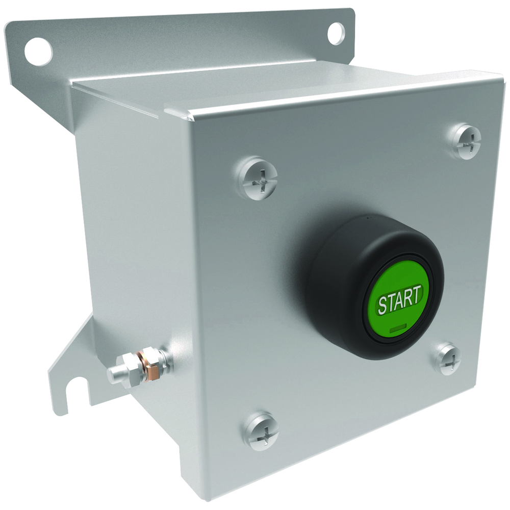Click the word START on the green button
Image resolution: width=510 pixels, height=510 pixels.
click(400, 299)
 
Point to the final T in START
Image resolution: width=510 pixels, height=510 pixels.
click(418, 294)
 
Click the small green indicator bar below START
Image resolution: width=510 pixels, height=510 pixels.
click(397, 329)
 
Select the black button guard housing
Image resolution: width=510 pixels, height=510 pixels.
click(371, 286)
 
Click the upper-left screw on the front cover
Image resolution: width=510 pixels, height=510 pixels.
click(258, 177)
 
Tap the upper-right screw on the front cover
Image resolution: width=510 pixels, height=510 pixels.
click(466, 141)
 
